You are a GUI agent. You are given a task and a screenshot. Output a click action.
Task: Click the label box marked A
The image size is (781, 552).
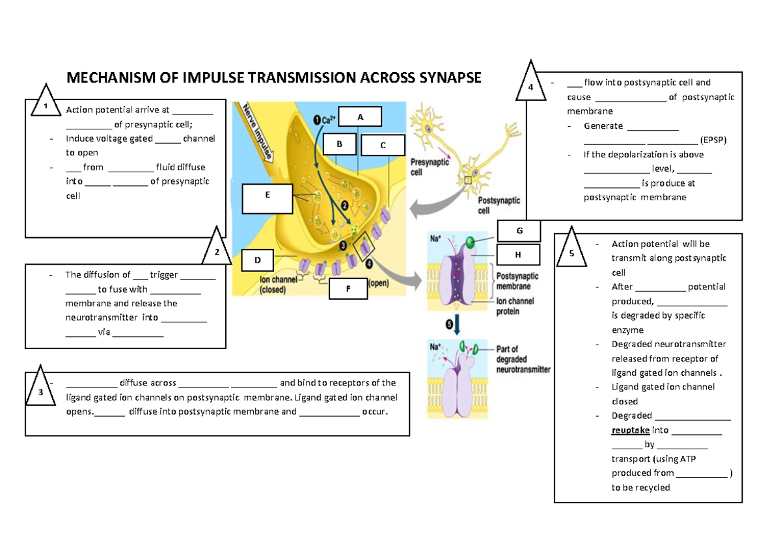[x=360, y=117]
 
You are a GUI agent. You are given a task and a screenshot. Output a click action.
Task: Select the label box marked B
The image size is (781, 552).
[x=339, y=144]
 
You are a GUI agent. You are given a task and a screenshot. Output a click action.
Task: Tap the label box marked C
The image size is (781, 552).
[x=383, y=146]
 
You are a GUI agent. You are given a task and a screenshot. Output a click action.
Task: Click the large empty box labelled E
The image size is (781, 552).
[x=267, y=198]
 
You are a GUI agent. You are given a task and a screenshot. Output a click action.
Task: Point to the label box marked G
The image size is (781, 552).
[x=519, y=231]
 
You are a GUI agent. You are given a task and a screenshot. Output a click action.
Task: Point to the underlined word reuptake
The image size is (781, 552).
[x=630, y=430]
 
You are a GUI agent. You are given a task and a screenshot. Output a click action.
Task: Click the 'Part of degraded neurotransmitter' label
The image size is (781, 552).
[x=523, y=359]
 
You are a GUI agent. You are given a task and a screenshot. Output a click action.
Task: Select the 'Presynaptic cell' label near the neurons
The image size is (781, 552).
[x=430, y=168]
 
